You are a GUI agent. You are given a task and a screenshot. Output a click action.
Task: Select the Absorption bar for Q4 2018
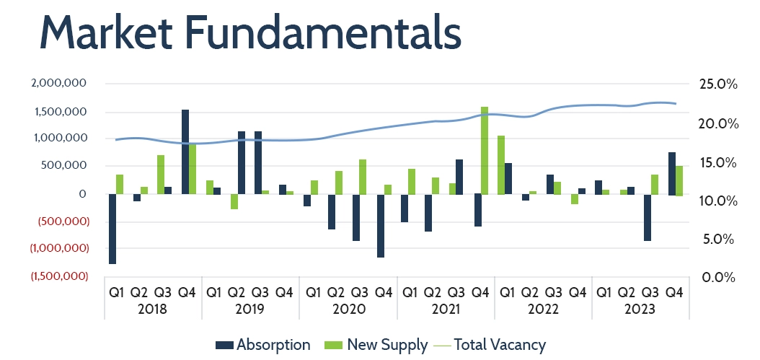coord(185,152)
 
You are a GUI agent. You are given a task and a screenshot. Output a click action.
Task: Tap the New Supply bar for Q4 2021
coord(485,150)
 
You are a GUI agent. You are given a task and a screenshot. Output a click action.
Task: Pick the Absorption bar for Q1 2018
coord(112,229)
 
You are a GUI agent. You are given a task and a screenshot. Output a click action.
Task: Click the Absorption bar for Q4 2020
coord(380,225)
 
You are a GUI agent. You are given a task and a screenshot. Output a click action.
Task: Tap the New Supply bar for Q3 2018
coord(161,174)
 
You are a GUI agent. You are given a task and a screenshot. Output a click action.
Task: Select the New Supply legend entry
coord(379,345)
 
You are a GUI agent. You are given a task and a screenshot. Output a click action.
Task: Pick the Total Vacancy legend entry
coord(491,345)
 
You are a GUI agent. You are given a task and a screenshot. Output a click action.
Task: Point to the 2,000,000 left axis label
coord(60,84)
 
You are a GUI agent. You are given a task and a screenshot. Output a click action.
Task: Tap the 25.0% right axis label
coord(719,84)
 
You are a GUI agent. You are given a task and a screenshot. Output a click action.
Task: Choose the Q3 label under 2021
coord(456,293)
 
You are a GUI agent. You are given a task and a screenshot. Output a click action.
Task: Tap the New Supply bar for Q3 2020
coord(363,177)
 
